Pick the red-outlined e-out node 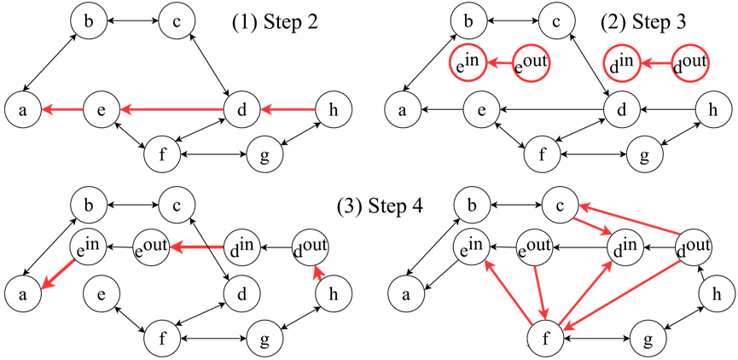coord(531,63)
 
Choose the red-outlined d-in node coord(621,63)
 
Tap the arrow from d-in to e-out coord(198,247)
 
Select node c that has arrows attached coord(561,205)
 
